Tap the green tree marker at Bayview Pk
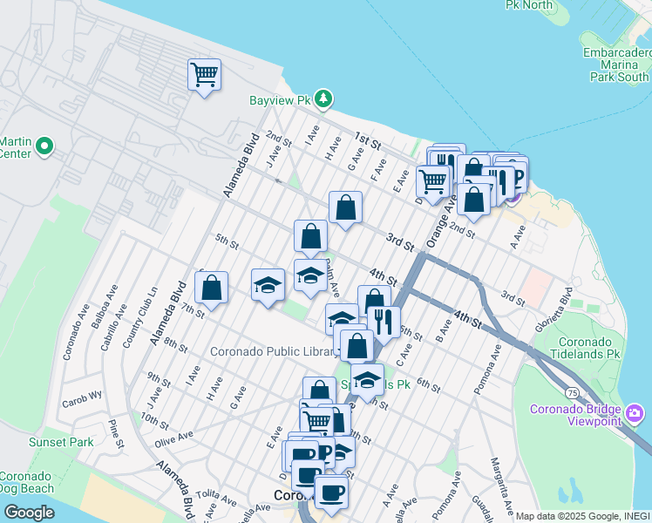coord(323,98)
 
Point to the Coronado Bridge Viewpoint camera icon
coord(635,411)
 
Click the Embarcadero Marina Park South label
coord(617,65)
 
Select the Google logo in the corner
coord(29,512)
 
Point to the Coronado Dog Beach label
coord(27,482)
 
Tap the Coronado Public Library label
coord(274,352)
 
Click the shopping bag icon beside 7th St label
coord(211,287)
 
